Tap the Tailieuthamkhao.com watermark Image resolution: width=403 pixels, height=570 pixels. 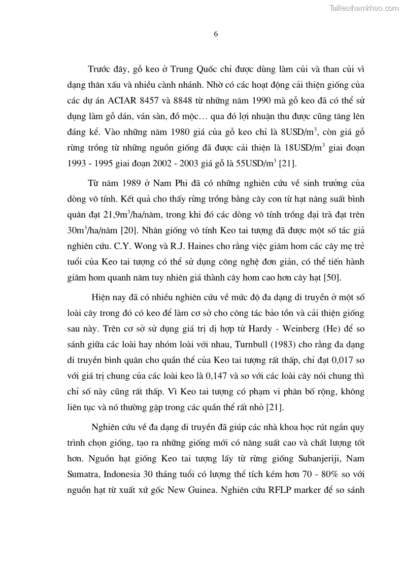coord(364,8)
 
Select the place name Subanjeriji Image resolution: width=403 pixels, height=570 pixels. coord(320,459)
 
